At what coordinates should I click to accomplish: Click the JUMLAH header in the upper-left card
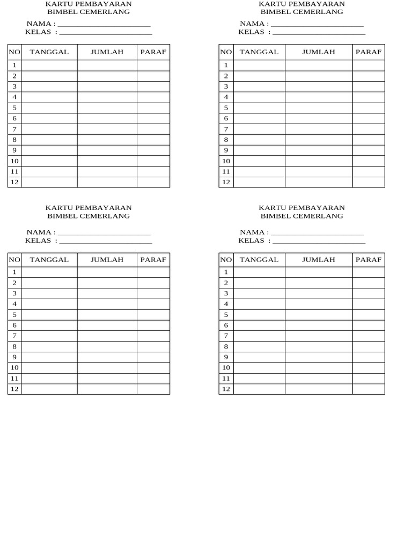click(107, 52)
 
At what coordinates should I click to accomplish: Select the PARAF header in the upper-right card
click(369, 52)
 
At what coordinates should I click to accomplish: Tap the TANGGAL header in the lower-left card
click(49, 260)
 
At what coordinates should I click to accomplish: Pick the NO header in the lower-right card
click(226, 260)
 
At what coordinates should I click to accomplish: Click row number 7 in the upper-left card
click(14, 129)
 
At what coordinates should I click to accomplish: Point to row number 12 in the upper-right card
click(226, 182)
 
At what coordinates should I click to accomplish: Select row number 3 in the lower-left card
click(14, 293)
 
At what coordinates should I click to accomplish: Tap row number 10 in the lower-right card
click(226, 368)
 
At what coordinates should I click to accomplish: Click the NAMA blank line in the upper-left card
click(104, 25)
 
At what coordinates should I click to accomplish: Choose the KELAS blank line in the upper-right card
click(319, 33)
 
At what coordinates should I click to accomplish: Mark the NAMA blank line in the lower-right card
click(317, 234)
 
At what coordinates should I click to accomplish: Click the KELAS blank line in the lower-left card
click(105, 242)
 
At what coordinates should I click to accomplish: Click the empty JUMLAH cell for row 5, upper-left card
click(107, 107)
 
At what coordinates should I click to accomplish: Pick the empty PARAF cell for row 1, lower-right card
click(369, 272)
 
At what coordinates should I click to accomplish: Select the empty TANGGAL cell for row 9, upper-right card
click(259, 150)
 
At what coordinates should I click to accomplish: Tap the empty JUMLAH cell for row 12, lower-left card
click(107, 389)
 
